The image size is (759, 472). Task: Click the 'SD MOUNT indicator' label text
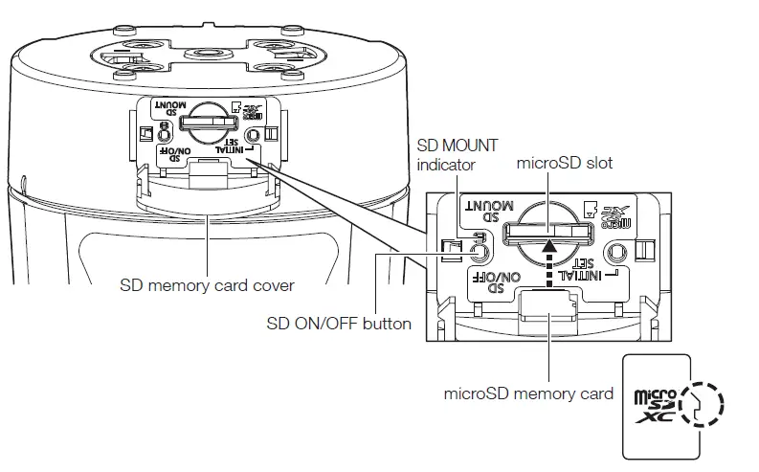[458, 156]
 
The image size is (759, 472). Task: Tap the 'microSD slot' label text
[565, 164]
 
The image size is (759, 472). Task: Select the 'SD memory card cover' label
[207, 284]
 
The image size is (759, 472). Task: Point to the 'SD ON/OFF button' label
[339, 323]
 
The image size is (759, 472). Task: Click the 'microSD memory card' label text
[528, 393]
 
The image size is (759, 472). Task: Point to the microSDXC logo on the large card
[657, 404]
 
